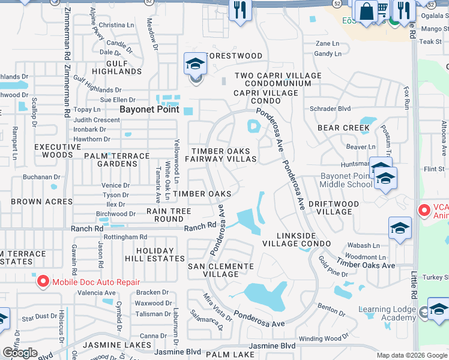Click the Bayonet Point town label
tap(149, 109)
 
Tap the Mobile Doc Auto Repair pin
tap(43, 281)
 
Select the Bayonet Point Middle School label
tap(338, 180)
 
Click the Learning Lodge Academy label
tap(387, 313)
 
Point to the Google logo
tap(20, 353)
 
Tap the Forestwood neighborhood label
tap(234, 56)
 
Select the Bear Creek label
tap(343, 128)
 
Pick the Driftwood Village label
tap(334, 208)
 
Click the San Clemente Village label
tap(221, 269)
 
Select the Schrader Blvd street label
tap(330, 109)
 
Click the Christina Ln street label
tap(116, 25)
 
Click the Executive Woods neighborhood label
tap(53, 151)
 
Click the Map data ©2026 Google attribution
tap(411, 355)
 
